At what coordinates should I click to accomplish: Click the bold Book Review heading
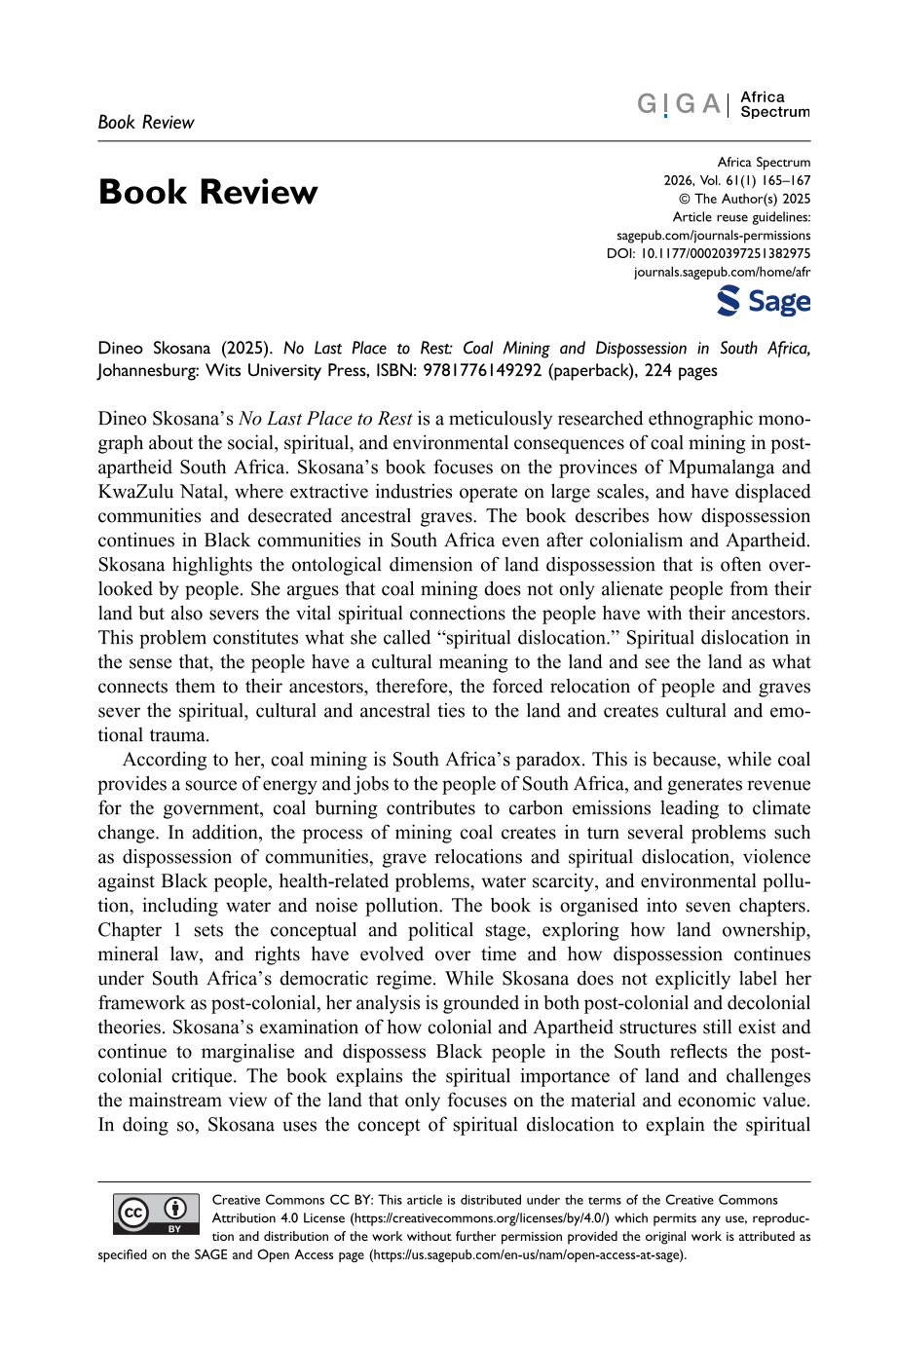click(207, 192)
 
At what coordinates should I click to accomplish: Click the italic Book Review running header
click(146, 123)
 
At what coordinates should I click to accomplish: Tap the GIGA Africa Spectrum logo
click(724, 104)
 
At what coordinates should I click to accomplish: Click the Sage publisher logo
click(764, 301)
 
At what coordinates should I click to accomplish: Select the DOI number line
click(708, 253)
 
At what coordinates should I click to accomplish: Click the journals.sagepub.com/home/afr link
click(722, 272)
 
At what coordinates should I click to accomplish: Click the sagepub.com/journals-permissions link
click(713, 236)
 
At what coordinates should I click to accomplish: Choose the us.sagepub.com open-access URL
click(526, 1254)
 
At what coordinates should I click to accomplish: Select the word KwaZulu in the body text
click(137, 492)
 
